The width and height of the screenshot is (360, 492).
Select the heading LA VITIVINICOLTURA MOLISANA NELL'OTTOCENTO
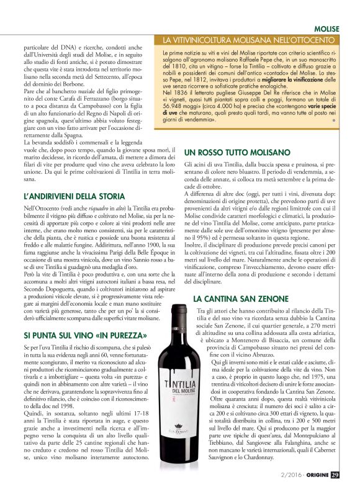click(251, 40)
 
